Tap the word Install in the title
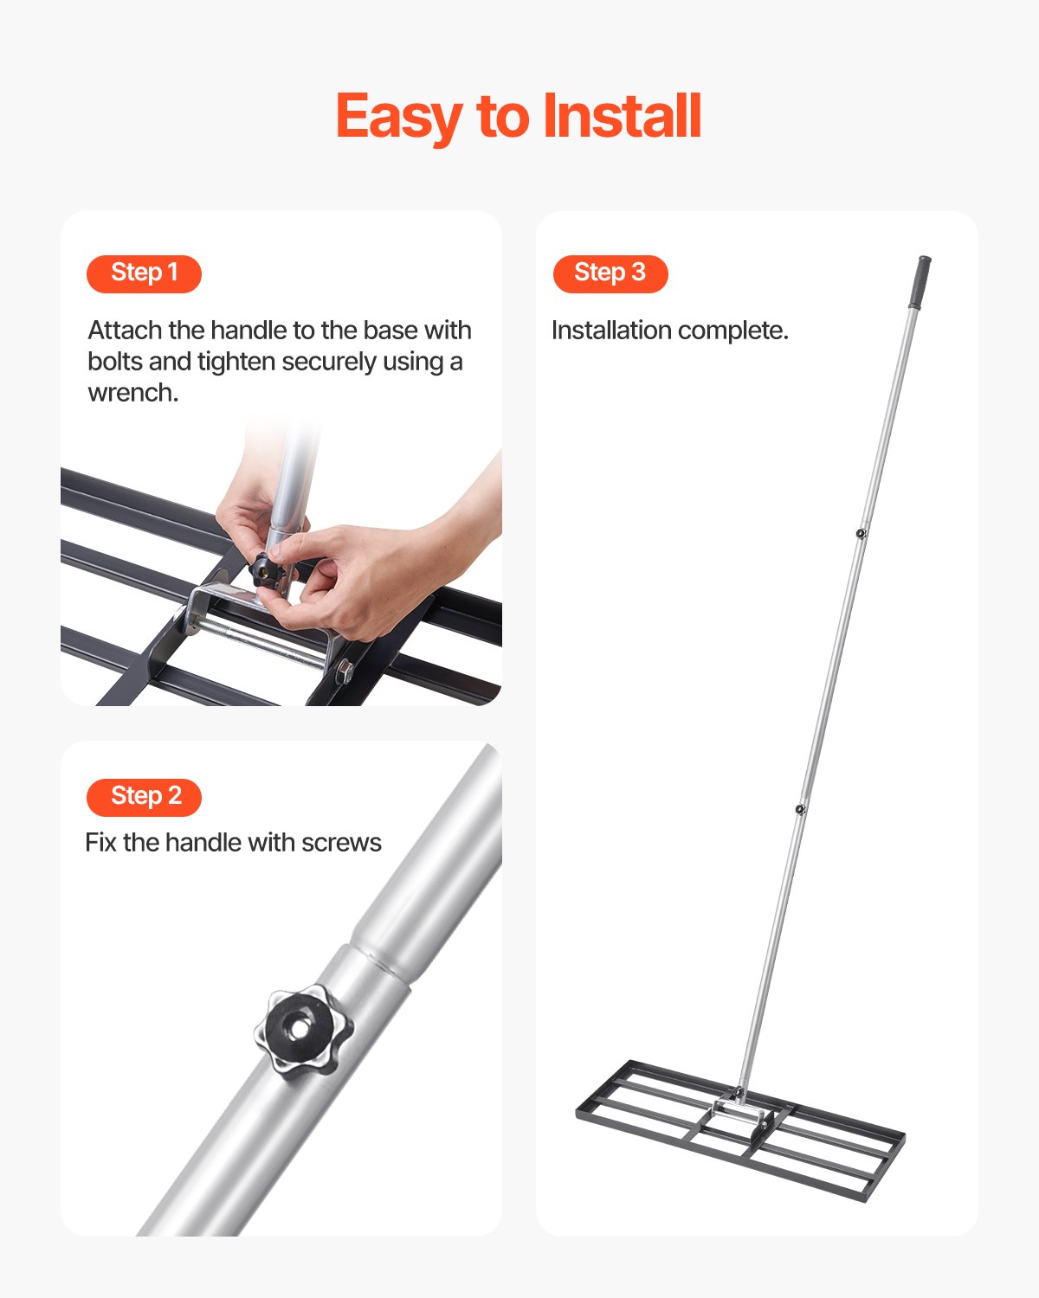click(x=622, y=117)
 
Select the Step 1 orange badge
click(x=144, y=273)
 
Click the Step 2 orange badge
click(x=144, y=797)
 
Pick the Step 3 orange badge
click(x=610, y=273)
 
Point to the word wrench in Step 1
click(x=132, y=393)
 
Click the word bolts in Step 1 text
click(x=115, y=362)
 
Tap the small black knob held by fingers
click(x=267, y=571)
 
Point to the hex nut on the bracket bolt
click(x=344, y=670)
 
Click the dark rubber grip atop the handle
click(x=920, y=281)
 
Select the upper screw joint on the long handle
click(x=861, y=533)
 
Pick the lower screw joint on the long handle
click(x=800, y=809)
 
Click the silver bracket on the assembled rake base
click(x=740, y=1112)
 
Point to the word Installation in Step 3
click(x=611, y=331)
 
